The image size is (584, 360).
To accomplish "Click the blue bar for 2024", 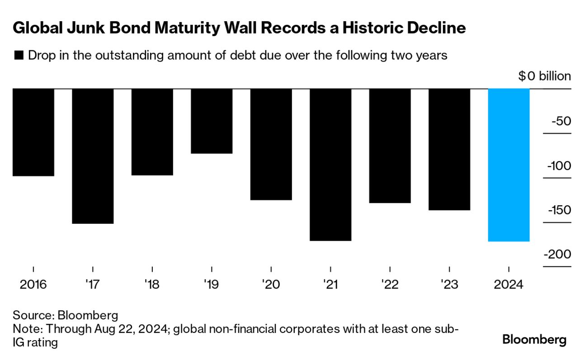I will [509, 165].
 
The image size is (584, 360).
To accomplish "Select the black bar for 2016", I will [33, 132].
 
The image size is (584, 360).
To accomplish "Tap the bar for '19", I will [212, 121].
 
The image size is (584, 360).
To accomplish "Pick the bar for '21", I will [330, 164].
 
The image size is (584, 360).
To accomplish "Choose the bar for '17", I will [93, 156].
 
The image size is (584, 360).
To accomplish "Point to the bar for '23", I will [449, 149].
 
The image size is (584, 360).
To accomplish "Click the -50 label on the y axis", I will [560, 122].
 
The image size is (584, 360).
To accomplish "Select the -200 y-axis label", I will [558, 255].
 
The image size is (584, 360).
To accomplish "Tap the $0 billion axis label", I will [544, 76].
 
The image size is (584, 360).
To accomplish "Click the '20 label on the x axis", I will [271, 285].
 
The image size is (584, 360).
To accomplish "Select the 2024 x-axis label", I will [509, 285].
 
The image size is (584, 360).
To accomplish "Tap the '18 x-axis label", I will [152, 285].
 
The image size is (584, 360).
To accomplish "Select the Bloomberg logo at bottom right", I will [534, 339].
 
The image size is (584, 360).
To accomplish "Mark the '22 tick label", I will [390, 285].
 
